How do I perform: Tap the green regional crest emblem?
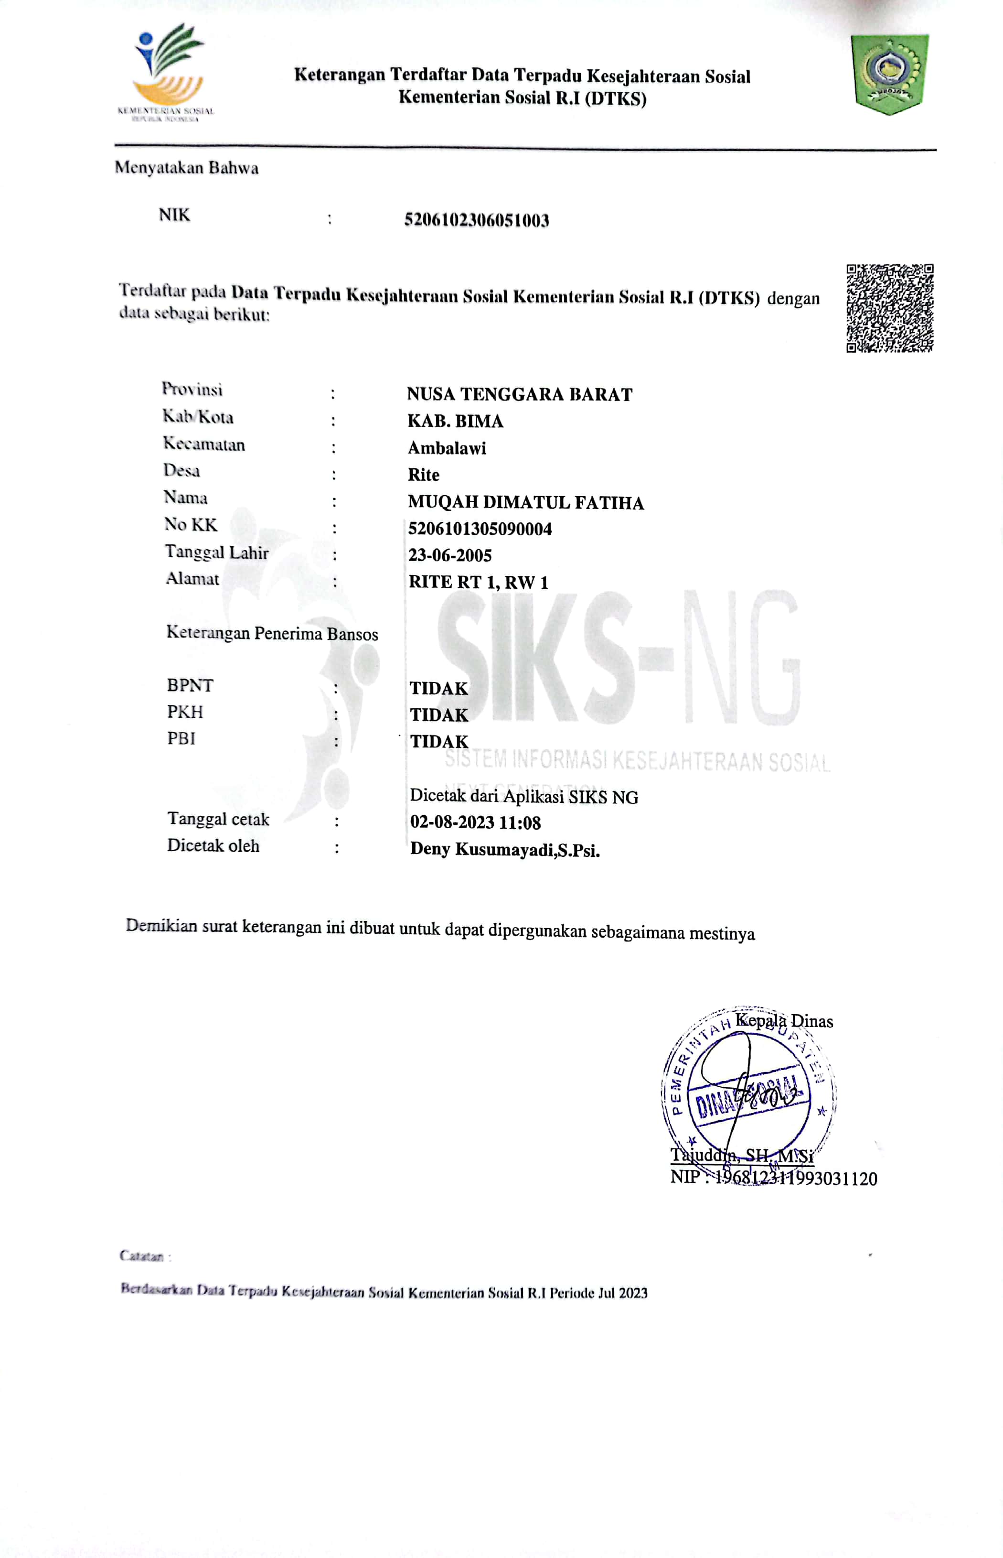tap(890, 73)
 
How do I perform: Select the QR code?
tap(890, 308)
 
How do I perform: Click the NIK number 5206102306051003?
tap(476, 220)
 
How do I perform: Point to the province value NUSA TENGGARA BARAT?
tap(519, 394)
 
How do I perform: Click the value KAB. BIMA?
tap(455, 421)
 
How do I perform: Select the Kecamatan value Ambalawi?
tap(447, 448)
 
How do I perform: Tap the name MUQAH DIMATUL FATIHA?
tap(525, 502)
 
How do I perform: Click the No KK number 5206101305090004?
tap(480, 529)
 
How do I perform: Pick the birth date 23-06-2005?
tap(450, 555)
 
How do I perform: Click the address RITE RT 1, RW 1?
tap(478, 582)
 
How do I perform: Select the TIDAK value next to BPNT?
tap(439, 688)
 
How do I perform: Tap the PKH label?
tap(185, 712)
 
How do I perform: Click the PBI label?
tap(181, 738)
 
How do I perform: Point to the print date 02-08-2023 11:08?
tap(475, 822)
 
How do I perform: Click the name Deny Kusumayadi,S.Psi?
tap(505, 850)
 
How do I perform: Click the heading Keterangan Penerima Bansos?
tap(272, 633)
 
